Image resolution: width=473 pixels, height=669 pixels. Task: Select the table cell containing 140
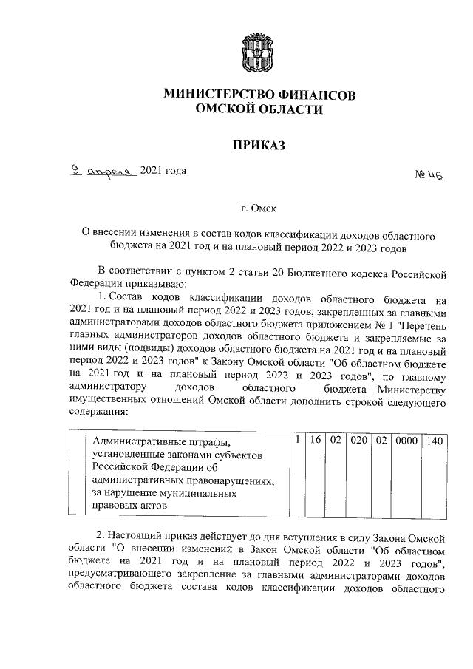435,441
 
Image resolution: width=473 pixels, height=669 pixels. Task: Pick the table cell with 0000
405,441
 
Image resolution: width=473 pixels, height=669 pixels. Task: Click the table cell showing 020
359,441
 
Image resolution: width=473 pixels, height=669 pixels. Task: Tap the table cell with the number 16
314,441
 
